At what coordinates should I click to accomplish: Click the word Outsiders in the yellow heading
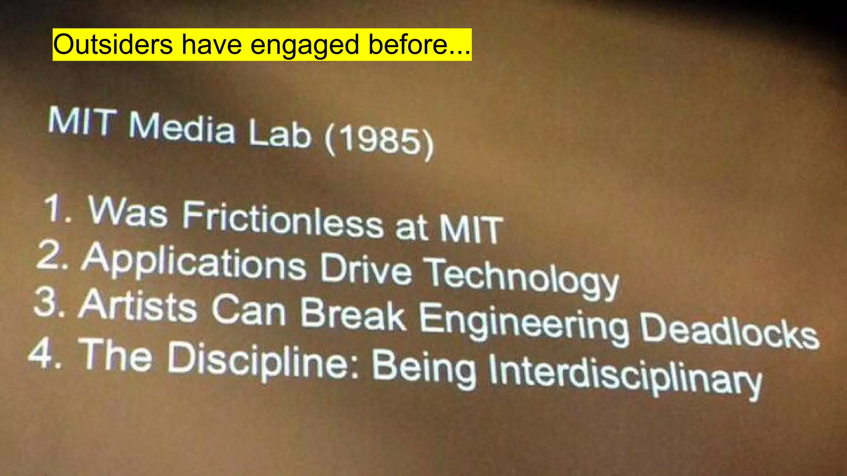(x=112, y=45)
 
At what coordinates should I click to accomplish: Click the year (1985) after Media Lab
(x=379, y=143)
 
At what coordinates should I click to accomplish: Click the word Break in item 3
(x=352, y=316)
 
